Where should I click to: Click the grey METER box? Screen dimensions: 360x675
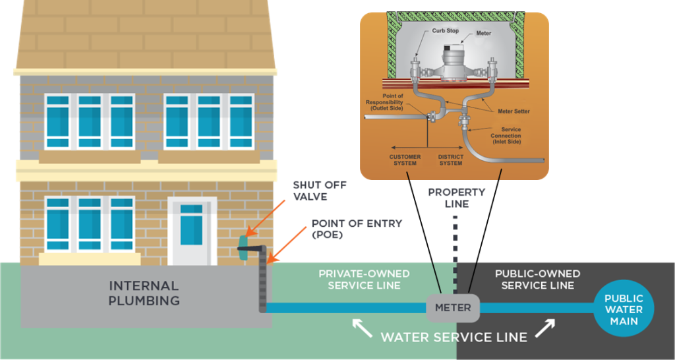pyautogui.click(x=453, y=307)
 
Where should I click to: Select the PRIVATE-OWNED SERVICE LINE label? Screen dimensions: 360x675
pyautogui.click(x=364, y=279)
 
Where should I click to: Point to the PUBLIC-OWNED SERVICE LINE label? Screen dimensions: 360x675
pyautogui.click(x=537, y=279)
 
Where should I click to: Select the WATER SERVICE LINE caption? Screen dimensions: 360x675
pyautogui.click(x=454, y=337)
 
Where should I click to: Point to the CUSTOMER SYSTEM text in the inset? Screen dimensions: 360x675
pyautogui.click(x=405, y=160)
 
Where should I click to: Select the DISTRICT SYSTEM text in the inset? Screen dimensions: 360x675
pyautogui.click(x=451, y=160)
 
